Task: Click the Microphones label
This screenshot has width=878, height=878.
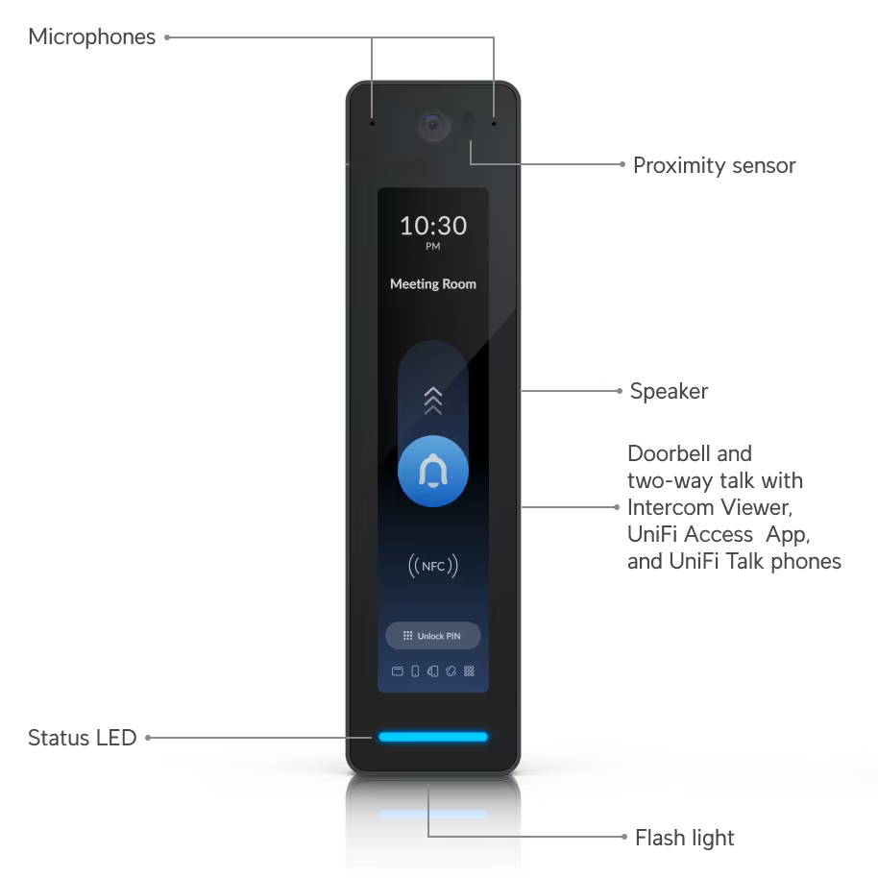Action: coord(92,37)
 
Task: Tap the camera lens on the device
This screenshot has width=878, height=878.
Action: coord(433,124)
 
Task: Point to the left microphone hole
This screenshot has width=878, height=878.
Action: coord(372,123)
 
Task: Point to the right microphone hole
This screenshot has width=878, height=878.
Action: coord(494,123)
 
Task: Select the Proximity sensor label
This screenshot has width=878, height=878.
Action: coord(714,165)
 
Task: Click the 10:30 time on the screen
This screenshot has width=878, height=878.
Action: coord(433,226)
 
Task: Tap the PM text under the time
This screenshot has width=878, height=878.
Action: coord(433,247)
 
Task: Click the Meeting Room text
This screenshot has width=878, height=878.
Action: coord(433,284)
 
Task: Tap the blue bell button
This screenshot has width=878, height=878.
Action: coord(433,472)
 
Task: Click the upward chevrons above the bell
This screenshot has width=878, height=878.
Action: coord(433,400)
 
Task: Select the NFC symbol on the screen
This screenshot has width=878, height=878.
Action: coord(433,566)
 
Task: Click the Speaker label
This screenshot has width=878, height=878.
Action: coord(669,391)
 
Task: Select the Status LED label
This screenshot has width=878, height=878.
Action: coord(83,738)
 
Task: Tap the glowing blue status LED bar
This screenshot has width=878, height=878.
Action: coord(433,737)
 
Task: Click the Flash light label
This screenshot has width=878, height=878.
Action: coord(685,838)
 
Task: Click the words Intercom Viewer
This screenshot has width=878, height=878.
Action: coord(708,506)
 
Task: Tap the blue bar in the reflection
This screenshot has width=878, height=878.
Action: coord(433,815)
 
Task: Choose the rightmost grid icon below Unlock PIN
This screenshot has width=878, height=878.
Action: coord(469,671)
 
